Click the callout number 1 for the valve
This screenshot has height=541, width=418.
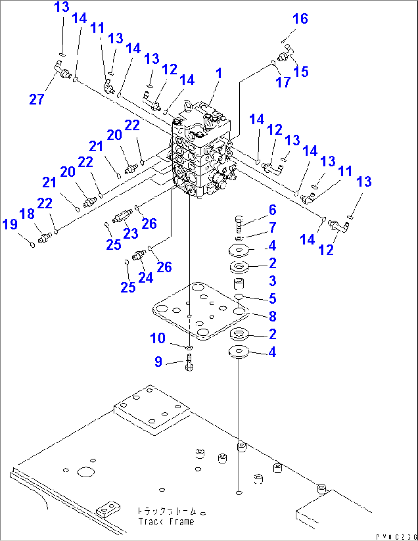[219, 73]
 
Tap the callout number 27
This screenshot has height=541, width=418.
[37, 99]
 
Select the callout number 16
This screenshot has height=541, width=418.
[300, 18]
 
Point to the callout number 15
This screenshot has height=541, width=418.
[301, 72]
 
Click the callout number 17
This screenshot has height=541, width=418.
[283, 82]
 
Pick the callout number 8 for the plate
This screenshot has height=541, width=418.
[273, 316]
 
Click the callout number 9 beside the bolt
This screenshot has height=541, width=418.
[158, 361]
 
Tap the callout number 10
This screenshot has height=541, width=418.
[158, 338]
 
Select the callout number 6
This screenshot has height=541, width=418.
[273, 210]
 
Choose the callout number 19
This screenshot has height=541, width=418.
[10, 224]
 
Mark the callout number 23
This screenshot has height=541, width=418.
[131, 233]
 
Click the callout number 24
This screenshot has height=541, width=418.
[146, 277]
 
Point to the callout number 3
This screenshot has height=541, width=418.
[273, 281]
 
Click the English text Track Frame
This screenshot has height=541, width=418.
[166, 522]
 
